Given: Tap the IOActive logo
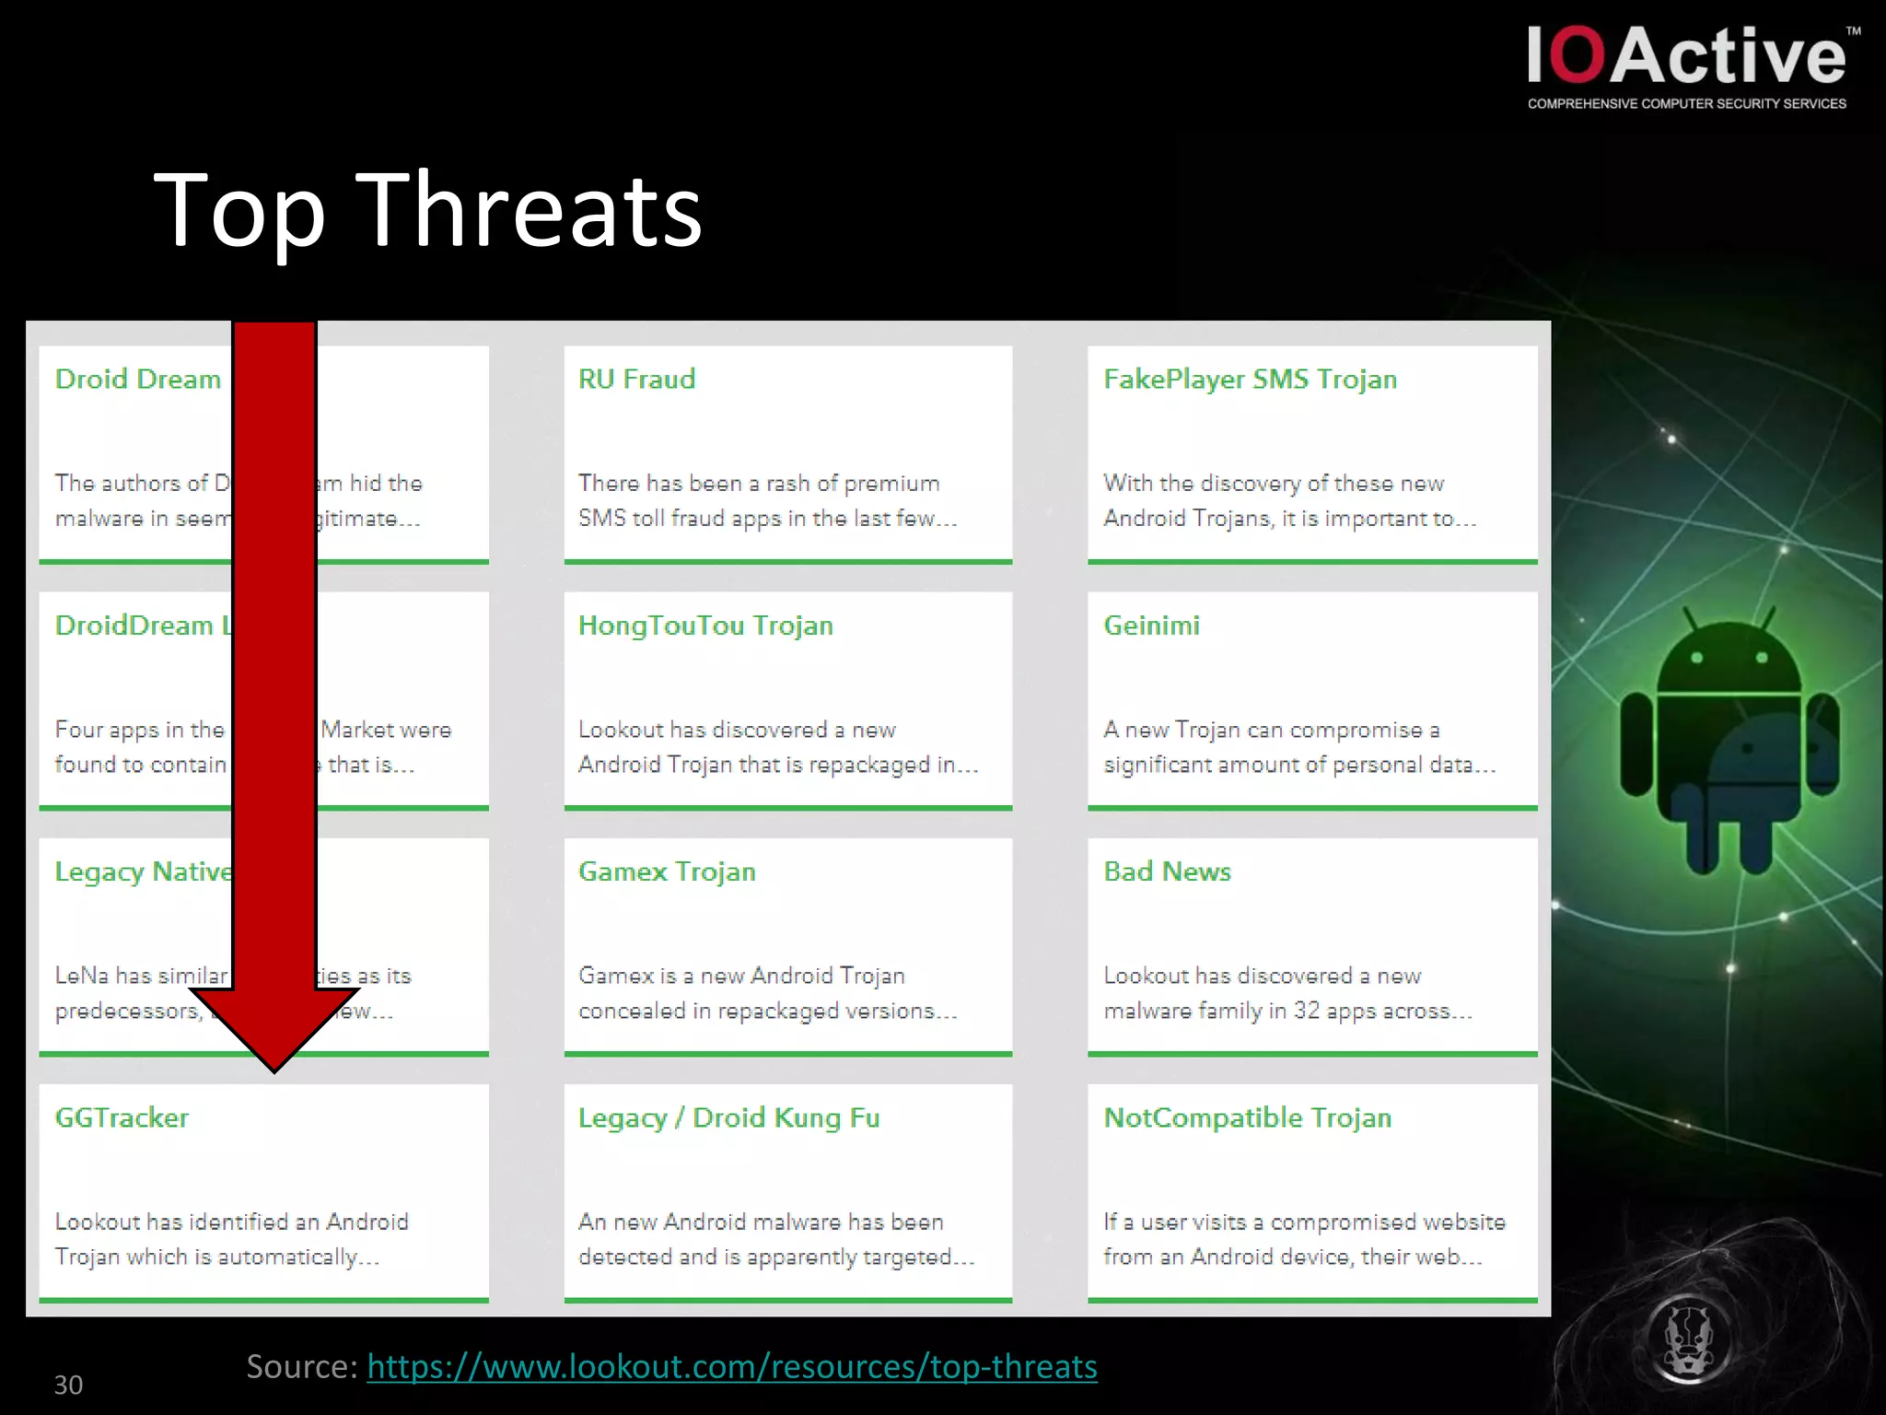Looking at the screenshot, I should (1687, 64).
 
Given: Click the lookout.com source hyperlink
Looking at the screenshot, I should (732, 1366).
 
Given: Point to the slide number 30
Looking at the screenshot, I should (68, 1385).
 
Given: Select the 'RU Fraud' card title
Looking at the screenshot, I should (636, 380).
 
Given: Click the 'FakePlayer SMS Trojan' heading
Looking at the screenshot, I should (1250, 380).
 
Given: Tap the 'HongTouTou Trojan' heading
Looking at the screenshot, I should (705, 626).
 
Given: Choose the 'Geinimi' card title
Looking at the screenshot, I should (1151, 626).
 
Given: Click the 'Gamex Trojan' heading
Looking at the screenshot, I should (667, 871).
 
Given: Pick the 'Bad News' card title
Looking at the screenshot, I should (1167, 871).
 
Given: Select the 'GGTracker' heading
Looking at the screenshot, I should (122, 1117).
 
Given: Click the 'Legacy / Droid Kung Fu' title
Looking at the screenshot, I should (728, 1117).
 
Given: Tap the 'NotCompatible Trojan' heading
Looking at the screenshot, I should (1247, 1117).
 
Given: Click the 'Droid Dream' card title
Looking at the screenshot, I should (138, 380).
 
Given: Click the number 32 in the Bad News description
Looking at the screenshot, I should (1306, 1011).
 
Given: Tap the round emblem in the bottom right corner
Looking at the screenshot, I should (1687, 1336).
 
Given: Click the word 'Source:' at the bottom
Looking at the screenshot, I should (302, 1366).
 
